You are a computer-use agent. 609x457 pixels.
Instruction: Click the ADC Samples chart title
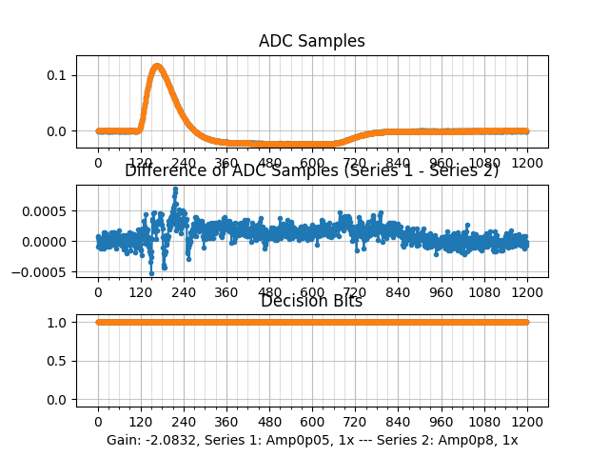coord(311,41)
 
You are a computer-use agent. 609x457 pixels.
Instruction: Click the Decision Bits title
coord(311,302)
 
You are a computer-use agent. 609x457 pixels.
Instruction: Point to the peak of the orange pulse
coord(157,66)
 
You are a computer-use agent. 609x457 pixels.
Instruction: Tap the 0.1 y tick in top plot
coord(57,75)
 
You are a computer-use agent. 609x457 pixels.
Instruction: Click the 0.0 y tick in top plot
coord(57,130)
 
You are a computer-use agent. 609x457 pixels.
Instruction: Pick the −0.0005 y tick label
coord(37,272)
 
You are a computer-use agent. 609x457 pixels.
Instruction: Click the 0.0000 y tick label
coord(41,241)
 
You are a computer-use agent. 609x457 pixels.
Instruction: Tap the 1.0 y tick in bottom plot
coord(57,322)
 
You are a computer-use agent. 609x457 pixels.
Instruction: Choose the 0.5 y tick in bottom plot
coord(57,360)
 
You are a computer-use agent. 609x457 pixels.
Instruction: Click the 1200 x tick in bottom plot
coord(528,421)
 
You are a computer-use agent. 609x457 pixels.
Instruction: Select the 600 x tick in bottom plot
coord(312,421)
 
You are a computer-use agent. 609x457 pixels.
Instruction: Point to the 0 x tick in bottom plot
coord(97,421)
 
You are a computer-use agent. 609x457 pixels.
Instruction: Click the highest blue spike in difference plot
coord(175,189)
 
